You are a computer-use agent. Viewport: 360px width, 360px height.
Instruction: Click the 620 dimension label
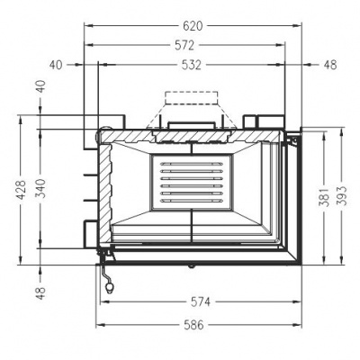tap(193, 26)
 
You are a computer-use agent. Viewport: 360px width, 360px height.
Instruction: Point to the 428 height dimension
tap(18, 190)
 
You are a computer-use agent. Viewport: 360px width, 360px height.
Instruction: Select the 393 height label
tap(343, 199)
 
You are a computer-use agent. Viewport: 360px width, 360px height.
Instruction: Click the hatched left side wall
tap(104, 198)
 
